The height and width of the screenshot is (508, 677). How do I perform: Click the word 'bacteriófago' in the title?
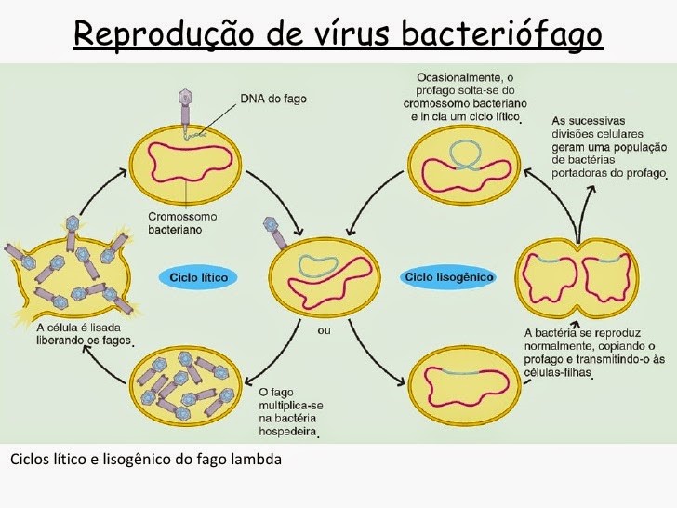tap(502, 34)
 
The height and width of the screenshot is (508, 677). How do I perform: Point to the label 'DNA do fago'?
tap(272, 98)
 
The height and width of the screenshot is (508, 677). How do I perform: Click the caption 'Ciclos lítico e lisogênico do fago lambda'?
tap(145, 460)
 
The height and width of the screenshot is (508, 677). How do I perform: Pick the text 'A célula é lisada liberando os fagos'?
tap(85, 334)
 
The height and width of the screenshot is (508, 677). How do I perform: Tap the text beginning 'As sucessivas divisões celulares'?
tap(609, 147)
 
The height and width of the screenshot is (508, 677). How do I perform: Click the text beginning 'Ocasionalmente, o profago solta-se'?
tap(466, 97)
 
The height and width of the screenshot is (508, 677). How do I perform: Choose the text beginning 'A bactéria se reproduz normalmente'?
tap(595, 353)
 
